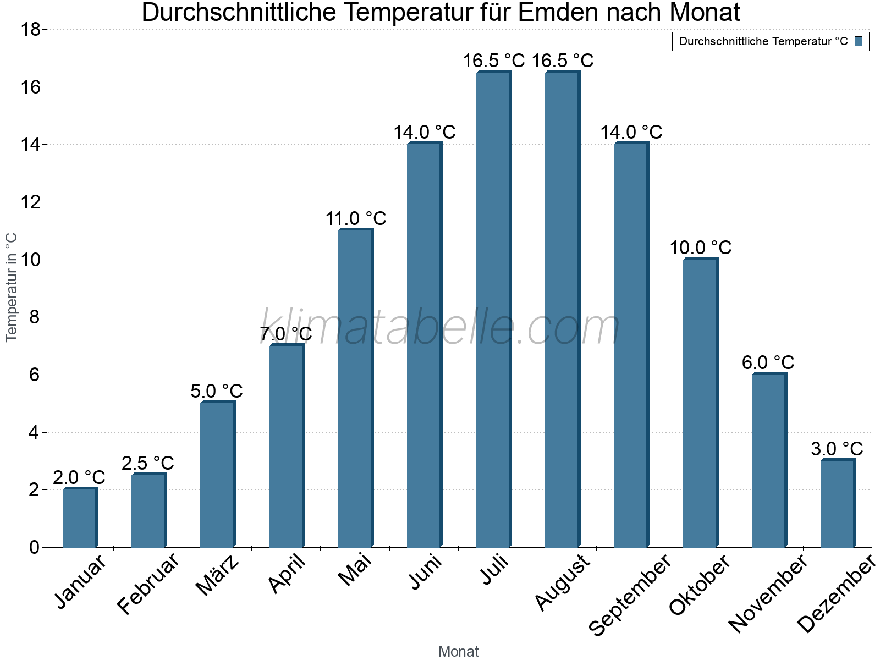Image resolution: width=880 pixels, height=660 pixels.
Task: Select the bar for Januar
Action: coord(80,518)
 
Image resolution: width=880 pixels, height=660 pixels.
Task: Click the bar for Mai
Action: coord(355,388)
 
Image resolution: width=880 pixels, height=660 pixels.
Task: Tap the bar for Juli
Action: coord(493,309)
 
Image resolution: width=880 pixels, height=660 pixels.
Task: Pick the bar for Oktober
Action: coord(700,403)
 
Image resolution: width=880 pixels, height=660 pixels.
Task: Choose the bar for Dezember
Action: coord(838,503)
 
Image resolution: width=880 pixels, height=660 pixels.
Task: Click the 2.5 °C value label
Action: coord(147,463)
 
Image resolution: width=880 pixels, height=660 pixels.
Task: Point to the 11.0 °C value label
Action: coord(355,219)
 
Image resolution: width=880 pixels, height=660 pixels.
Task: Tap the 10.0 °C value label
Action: coord(700,248)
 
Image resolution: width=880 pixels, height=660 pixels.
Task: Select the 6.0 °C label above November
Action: coord(768,362)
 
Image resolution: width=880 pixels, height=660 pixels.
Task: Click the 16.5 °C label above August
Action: coord(562,61)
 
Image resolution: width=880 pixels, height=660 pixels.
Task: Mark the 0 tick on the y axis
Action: coord(34,547)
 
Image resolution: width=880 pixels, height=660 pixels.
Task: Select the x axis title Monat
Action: coord(458,652)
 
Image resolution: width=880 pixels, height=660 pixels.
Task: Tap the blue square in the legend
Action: coord(859,41)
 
